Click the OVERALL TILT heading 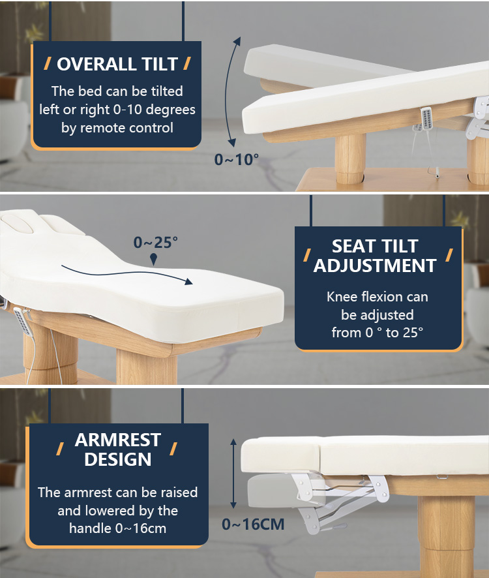pyautogui.click(x=117, y=64)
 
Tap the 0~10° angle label pyautogui.click(x=237, y=160)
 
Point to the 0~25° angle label pyautogui.click(x=156, y=243)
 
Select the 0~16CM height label pyautogui.click(x=253, y=525)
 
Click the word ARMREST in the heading pyautogui.click(x=117, y=440)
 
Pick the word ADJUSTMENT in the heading pyautogui.click(x=375, y=266)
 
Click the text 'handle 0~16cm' pyautogui.click(x=117, y=528)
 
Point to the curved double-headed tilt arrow pyautogui.click(x=227, y=91)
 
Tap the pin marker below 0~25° pyautogui.click(x=154, y=259)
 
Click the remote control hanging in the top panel pyautogui.click(x=426, y=118)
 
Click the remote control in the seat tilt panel pyautogui.click(x=23, y=322)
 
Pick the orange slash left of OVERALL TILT pyautogui.click(x=48, y=63)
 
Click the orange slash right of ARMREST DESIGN pyautogui.click(x=173, y=449)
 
